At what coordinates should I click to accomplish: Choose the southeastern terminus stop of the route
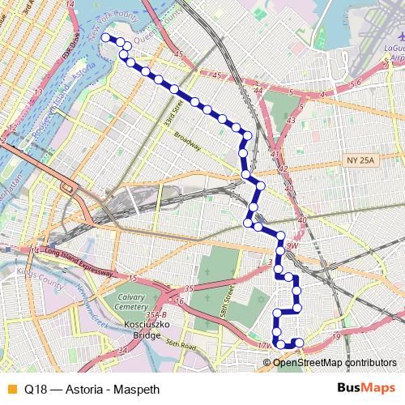click(299, 343)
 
